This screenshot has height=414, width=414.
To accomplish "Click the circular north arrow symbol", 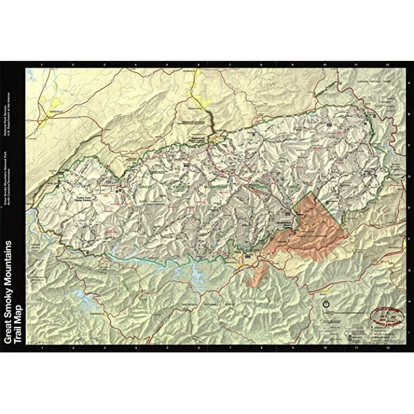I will click(x=327, y=304).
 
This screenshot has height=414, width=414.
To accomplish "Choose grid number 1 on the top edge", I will click(x=42, y=65).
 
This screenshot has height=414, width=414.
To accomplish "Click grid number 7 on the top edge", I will click(x=230, y=65).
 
